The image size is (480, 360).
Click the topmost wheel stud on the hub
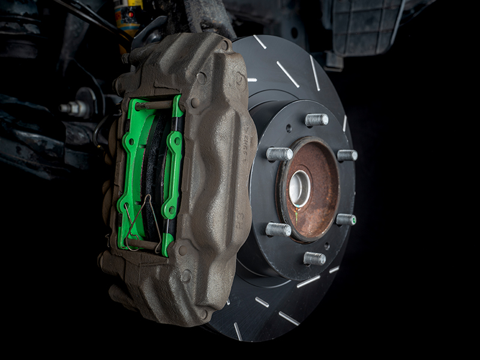pos(316,119)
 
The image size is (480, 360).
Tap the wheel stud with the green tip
pos(346,220)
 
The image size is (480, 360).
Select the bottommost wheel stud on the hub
pos(314,258)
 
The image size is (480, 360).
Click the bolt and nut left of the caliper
pos(75,109)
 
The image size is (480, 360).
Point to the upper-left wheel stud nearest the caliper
pos(279,154)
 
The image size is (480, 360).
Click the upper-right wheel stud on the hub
pos(347,155)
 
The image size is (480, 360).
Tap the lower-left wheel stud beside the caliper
pos(278,229)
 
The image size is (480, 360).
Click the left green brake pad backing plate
pos(130,174)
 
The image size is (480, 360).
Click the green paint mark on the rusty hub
pos(296,215)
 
